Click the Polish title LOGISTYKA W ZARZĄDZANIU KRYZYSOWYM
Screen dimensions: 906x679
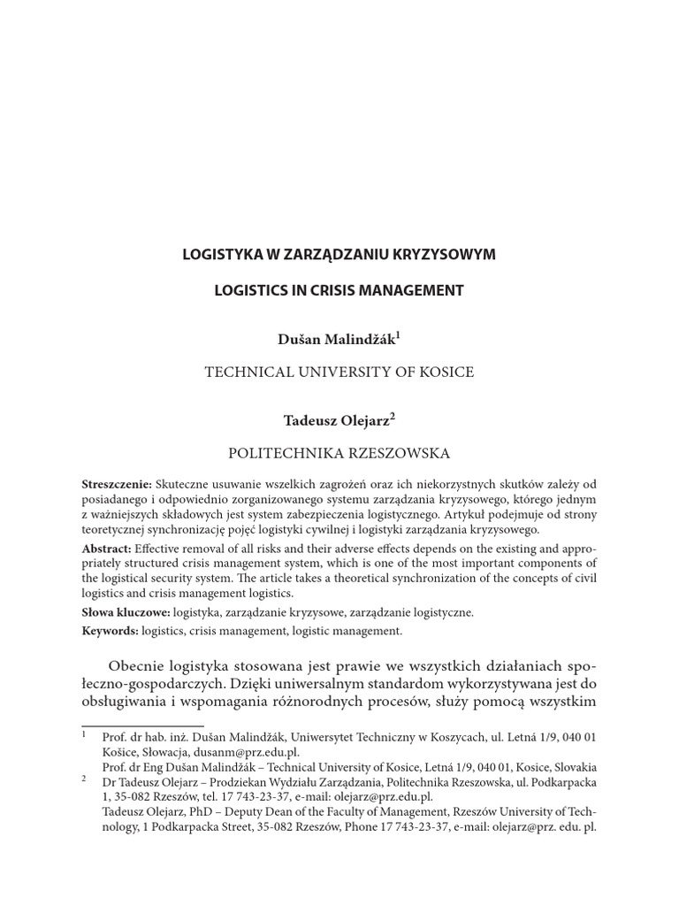(339, 255)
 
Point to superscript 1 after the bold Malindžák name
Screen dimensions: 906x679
(399, 335)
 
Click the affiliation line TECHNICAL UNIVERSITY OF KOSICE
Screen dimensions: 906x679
(339, 372)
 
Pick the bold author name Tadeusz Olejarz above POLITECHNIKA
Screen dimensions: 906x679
(335, 420)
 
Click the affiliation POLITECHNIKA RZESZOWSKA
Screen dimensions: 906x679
(339, 453)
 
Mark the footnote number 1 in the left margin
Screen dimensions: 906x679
(83, 734)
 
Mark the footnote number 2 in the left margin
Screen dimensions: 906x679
(83, 779)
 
